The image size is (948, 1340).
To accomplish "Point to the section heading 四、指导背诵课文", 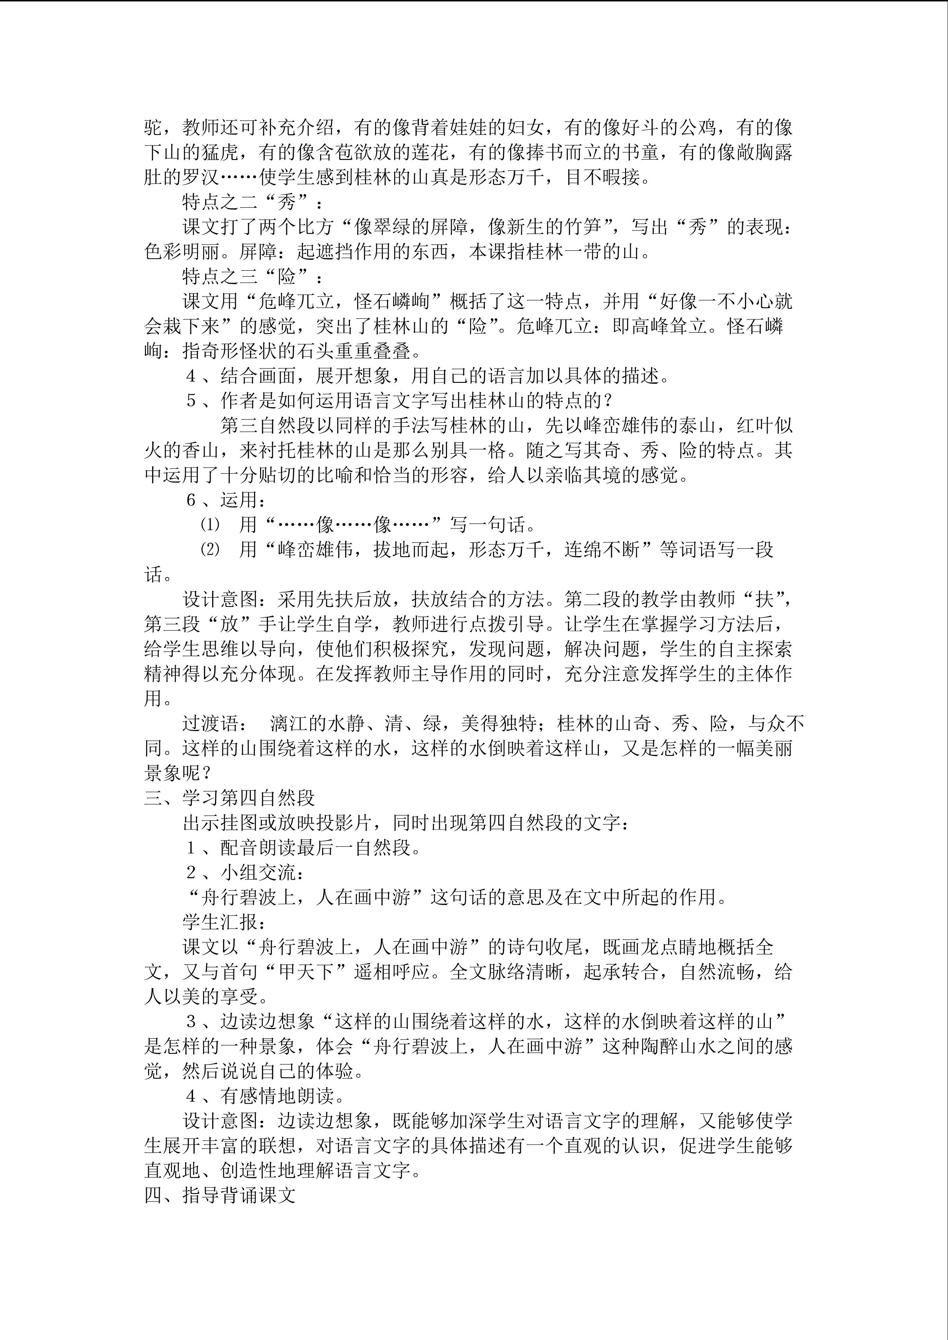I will point(220,1195).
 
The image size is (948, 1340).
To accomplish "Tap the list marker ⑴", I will point(210,525).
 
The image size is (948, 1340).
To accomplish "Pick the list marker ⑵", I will point(210,550).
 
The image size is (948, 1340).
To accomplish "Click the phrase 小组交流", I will point(258,872).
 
